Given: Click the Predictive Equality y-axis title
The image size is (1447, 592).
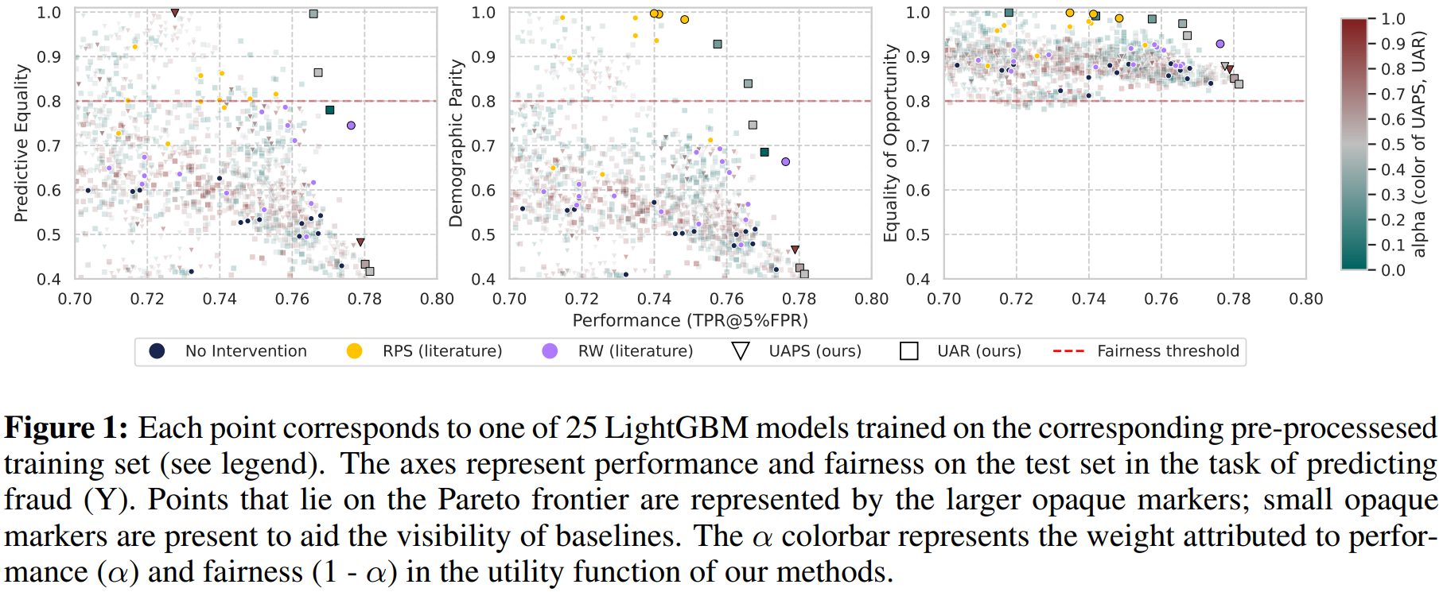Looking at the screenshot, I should [x=21, y=143].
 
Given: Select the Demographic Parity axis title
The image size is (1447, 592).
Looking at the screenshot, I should [x=455, y=143].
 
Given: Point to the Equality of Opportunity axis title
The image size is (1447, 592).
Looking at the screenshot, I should [x=890, y=143].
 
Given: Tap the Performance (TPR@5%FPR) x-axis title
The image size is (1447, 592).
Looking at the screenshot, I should [x=690, y=320].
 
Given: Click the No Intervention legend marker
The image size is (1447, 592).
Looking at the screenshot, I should [x=157, y=351].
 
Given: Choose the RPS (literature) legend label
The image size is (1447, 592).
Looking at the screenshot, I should [x=442, y=351].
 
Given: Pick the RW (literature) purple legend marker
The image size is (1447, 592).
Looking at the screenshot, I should [x=550, y=351].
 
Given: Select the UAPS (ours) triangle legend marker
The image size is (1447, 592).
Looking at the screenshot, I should [x=740, y=351].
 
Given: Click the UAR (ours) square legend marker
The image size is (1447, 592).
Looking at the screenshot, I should [x=908, y=351].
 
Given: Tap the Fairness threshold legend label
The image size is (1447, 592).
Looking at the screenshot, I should [x=1168, y=351].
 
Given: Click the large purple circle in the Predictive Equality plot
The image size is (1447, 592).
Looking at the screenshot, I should [x=351, y=126].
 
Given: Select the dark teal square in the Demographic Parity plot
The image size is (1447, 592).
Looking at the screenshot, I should [x=764, y=152].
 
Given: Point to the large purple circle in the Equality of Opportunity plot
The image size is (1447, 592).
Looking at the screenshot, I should [x=1220, y=44].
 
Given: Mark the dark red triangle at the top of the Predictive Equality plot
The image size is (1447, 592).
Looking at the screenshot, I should [x=175, y=13].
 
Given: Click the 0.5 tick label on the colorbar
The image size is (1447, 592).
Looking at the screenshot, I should [x=1393, y=145].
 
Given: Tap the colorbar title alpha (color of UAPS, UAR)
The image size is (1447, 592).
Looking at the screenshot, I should [x=1418, y=143].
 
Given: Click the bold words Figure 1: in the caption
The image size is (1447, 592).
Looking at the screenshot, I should [x=66, y=428].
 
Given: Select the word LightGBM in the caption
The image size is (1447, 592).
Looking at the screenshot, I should [x=676, y=428].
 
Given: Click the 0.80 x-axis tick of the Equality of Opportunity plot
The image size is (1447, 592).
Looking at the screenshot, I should [x=1305, y=299].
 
